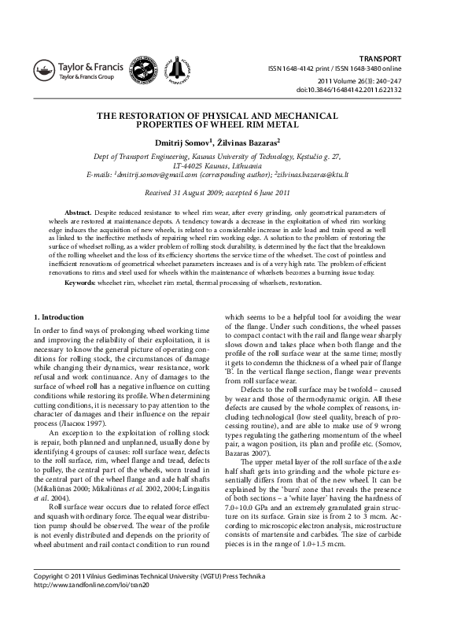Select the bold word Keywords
point(80,282)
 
